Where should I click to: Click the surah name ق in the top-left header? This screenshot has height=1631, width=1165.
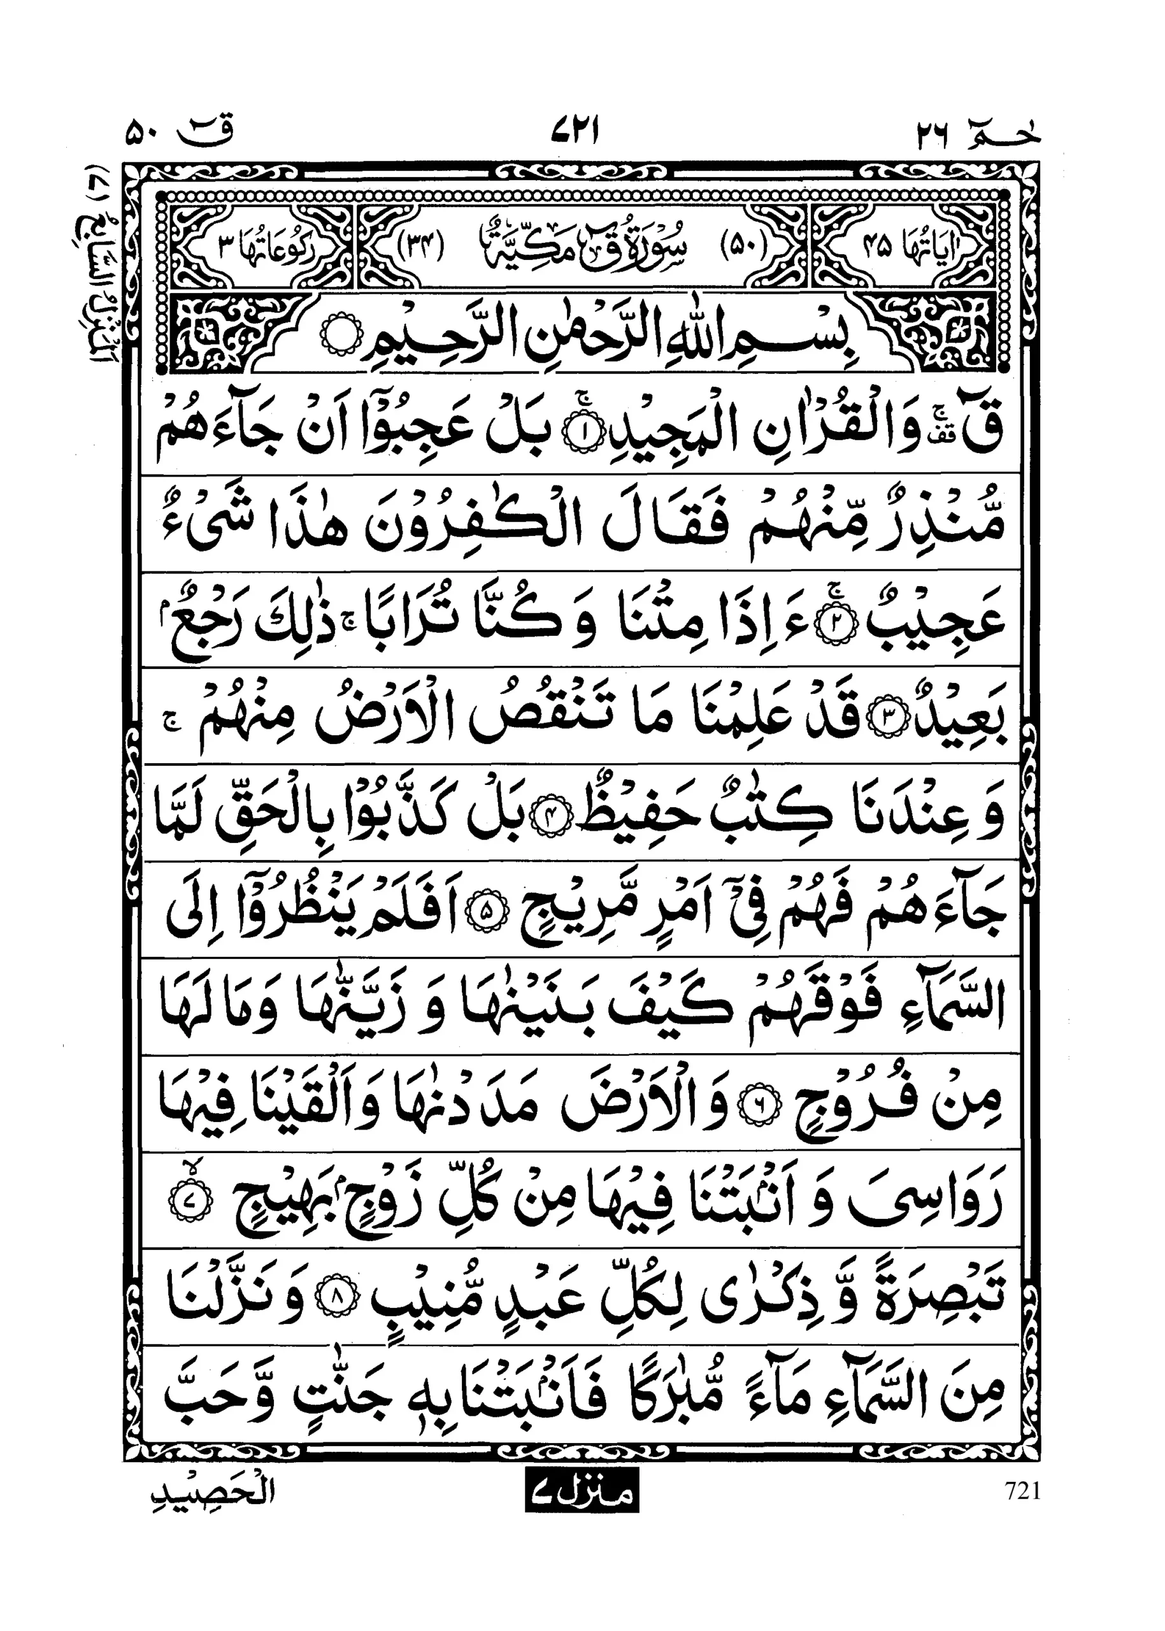point(204,133)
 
